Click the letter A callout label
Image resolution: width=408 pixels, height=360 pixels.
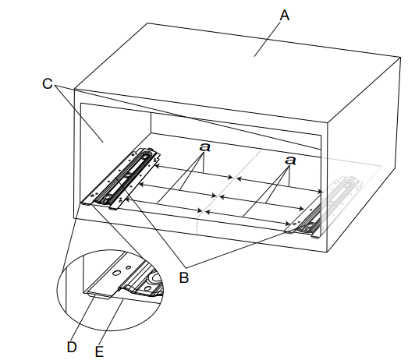[285, 15]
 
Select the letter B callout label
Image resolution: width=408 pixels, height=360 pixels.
[183, 277]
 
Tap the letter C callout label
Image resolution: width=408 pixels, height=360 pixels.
[48, 83]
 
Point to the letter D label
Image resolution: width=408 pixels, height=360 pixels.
[72, 347]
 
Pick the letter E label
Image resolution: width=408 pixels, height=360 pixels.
[99, 352]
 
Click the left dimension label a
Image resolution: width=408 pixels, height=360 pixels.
[205, 146]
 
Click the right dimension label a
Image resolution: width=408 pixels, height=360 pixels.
[290, 160]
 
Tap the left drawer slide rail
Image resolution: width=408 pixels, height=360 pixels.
[120, 178]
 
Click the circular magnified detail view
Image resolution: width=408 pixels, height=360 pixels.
[110, 290]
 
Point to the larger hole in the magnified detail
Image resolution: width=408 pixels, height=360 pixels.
[116, 273]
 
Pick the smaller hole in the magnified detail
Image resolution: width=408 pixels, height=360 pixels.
[128, 267]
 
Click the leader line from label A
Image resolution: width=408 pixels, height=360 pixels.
[268, 39]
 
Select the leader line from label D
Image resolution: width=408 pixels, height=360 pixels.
[83, 316]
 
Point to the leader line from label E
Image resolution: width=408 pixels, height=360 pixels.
[112, 323]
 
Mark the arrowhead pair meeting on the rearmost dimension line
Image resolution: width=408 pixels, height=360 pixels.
[235, 178]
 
